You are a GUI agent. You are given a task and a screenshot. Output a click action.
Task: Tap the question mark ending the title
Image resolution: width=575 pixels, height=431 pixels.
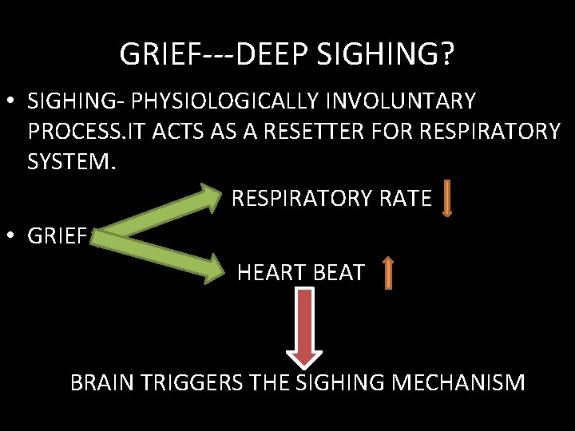448,54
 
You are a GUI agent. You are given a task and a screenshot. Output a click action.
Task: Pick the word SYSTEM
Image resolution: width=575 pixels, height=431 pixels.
72,162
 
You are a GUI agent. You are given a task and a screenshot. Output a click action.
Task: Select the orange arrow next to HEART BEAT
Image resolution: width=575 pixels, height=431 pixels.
387,273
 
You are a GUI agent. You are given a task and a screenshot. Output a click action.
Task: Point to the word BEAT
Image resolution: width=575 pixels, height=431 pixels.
335,273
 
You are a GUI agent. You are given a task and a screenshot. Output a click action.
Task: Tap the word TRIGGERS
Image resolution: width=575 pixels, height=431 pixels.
190,383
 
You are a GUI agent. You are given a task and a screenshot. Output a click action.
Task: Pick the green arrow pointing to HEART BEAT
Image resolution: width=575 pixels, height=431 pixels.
168,254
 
